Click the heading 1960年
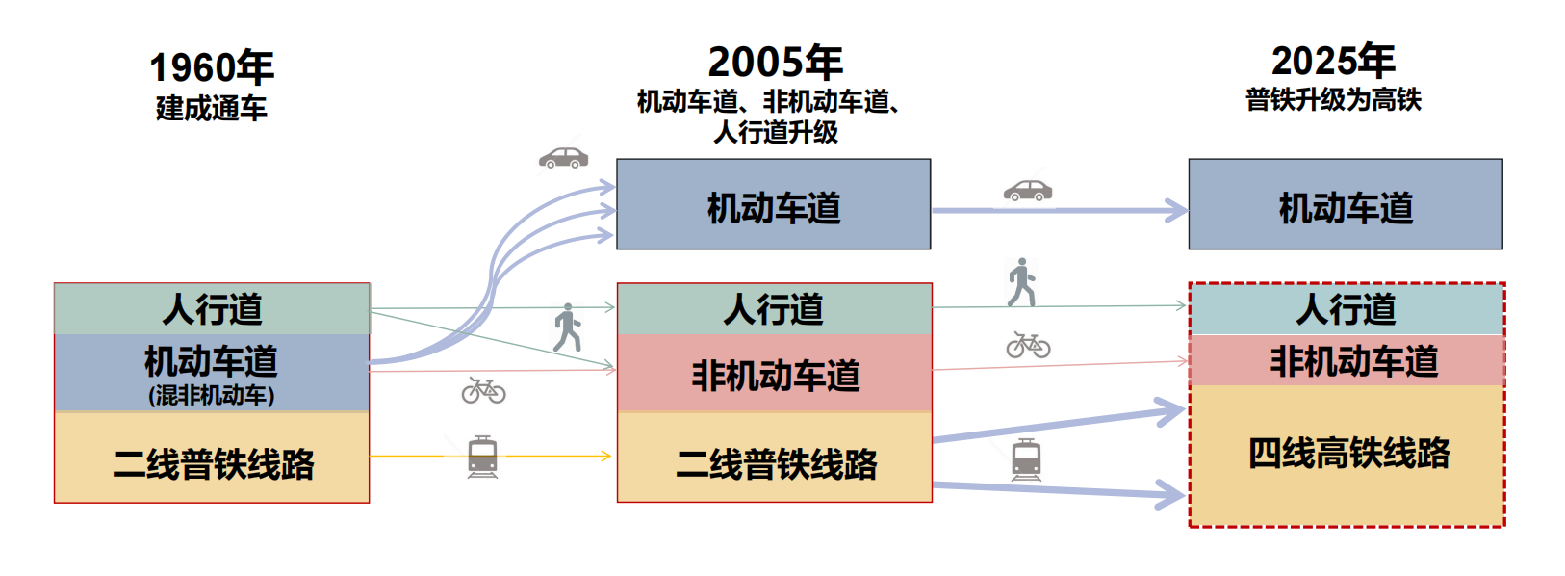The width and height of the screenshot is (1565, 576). tap(212, 67)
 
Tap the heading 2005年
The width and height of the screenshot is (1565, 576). tap(775, 63)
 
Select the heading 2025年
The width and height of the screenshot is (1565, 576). tap(1333, 62)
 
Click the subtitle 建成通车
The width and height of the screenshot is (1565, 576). tap(212, 108)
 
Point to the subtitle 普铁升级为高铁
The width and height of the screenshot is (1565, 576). tap(1333, 100)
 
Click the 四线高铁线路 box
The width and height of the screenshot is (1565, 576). tap(1347, 454)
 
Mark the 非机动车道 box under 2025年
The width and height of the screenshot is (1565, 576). tap(1347, 361)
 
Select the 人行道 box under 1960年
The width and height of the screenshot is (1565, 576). tap(212, 309)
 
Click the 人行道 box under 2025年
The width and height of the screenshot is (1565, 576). tap(1347, 309)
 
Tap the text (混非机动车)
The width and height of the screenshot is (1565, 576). tap(212, 395)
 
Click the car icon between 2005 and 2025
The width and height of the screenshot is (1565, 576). tap(1028, 190)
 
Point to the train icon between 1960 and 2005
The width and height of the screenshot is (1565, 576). tap(482, 457)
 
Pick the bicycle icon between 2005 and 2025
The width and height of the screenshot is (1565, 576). tap(1028, 345)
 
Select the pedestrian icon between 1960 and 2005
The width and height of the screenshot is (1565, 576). tap(567, 327)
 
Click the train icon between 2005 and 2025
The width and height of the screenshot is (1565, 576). tap(1026, 459)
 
